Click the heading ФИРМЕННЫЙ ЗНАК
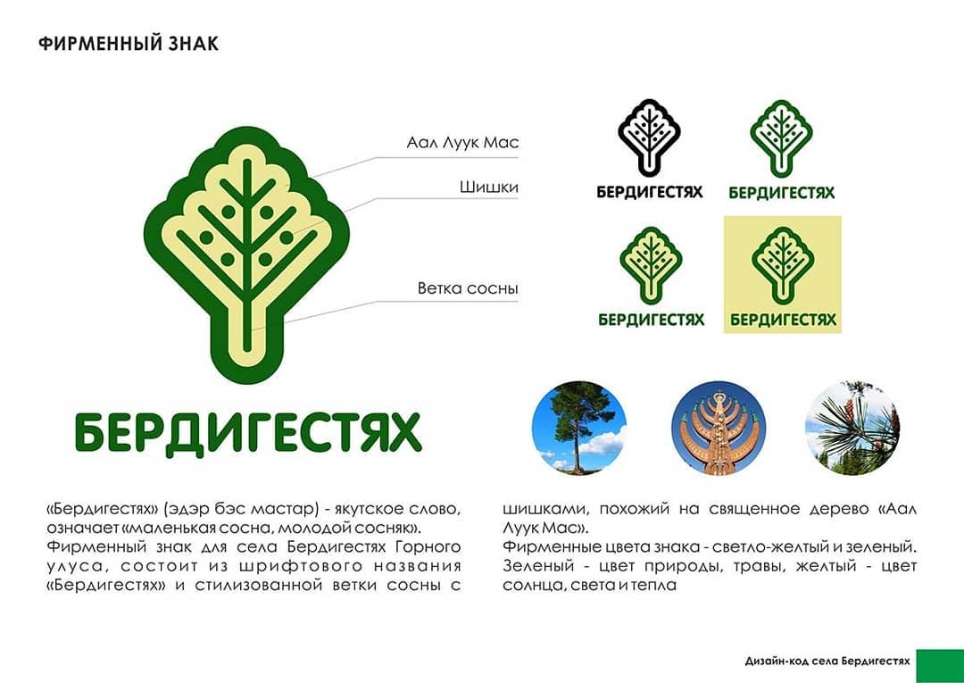128,45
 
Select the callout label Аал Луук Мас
462,143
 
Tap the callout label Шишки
489,187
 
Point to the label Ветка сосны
468,287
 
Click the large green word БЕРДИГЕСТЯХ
247,432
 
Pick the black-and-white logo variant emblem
649,137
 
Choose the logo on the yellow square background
783,275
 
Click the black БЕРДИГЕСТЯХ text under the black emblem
649,192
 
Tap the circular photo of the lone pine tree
579,428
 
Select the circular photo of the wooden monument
716,428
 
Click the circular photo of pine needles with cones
852,428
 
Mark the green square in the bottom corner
940,666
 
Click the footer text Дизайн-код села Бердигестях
827,662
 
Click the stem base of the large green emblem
247,350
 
